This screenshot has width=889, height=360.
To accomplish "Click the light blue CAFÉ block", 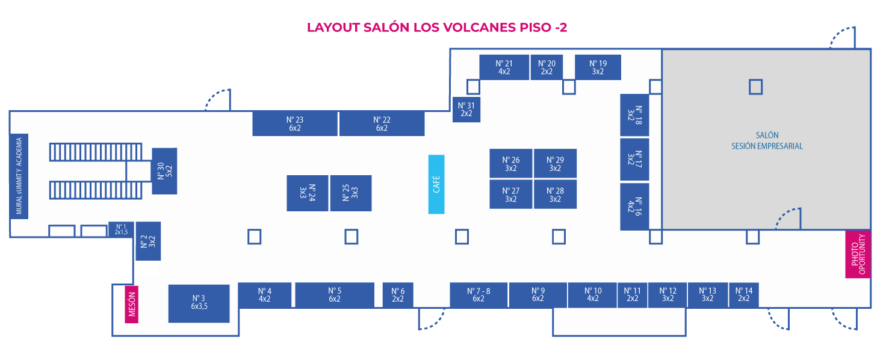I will (436, 184).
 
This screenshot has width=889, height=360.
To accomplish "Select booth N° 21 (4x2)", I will (504, 67).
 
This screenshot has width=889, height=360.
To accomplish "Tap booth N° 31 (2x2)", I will (466, 110).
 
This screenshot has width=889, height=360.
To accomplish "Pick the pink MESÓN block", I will (132, 304).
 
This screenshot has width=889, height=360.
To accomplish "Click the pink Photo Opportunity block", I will (858, 255).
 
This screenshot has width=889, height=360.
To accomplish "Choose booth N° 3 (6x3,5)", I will (199, 303).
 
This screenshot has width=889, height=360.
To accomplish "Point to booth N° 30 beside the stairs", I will (164, 171).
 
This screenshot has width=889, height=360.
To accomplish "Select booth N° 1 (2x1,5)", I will (121, 229).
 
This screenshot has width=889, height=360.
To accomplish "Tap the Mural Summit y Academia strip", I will (19, 176).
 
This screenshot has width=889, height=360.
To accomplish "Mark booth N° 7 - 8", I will (479, 294).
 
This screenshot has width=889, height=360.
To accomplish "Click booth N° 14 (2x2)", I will (744, 294).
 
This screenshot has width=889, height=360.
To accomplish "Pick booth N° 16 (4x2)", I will (634, 206).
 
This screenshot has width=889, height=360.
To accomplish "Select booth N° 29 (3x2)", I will (555, 164).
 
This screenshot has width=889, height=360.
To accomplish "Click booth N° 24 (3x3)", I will (308, 193).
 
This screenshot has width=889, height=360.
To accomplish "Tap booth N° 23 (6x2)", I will (294, 123).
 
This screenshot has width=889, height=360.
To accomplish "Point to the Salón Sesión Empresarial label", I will (767, 141).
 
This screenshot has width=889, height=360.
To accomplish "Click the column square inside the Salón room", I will (755, 87).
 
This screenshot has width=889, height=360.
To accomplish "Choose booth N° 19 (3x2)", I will (598, 67).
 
